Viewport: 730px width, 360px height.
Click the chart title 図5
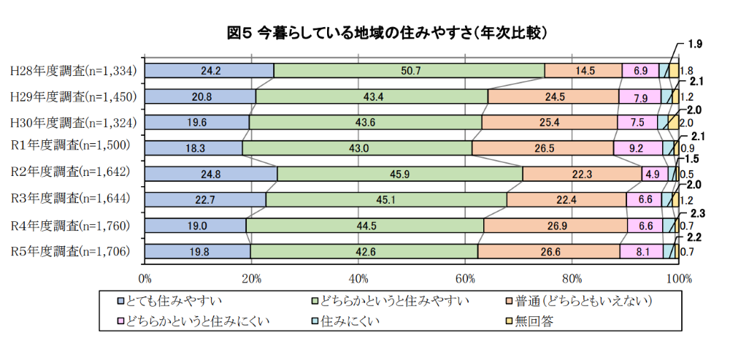239,34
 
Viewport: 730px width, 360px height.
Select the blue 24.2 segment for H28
210,71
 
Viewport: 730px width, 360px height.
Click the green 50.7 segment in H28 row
410,71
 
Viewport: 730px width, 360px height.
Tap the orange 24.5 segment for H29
553,96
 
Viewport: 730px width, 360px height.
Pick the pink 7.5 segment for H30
637,123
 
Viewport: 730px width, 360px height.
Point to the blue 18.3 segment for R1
193,148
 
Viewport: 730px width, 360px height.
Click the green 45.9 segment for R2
400,175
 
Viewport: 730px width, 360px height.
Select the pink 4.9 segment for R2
655,175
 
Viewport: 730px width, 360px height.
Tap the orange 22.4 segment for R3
566,200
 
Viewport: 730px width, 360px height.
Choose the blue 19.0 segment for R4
196,226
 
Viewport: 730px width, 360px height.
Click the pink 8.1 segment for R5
642,251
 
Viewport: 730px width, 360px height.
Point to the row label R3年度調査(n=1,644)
70,199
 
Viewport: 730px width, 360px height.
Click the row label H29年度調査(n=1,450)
73,96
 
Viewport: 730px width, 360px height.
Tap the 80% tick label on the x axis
572,280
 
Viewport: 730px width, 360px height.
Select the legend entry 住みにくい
345,321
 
